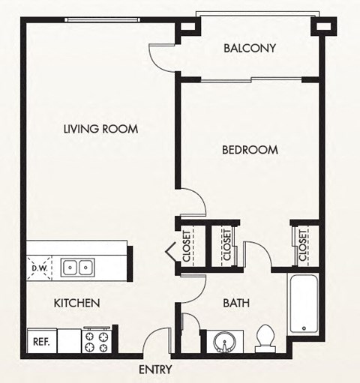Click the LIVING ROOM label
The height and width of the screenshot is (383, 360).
point(100,129)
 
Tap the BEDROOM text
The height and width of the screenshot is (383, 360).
point(250,150)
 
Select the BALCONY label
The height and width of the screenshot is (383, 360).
point(250,49)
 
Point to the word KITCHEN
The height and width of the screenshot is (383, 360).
point(76,304)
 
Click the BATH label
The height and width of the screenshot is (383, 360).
point(236,304)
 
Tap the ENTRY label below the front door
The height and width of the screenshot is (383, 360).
point(155,370)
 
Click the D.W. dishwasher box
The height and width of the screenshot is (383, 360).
point(40,267)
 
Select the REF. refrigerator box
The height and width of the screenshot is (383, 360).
point(41,342)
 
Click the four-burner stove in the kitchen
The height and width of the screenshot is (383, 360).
point(97,341)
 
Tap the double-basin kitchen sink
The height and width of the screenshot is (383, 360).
point(77,267)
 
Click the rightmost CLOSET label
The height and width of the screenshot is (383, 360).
point(302,245)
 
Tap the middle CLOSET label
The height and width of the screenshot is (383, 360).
point(226,245)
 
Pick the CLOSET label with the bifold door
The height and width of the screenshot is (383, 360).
point(187,245)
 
